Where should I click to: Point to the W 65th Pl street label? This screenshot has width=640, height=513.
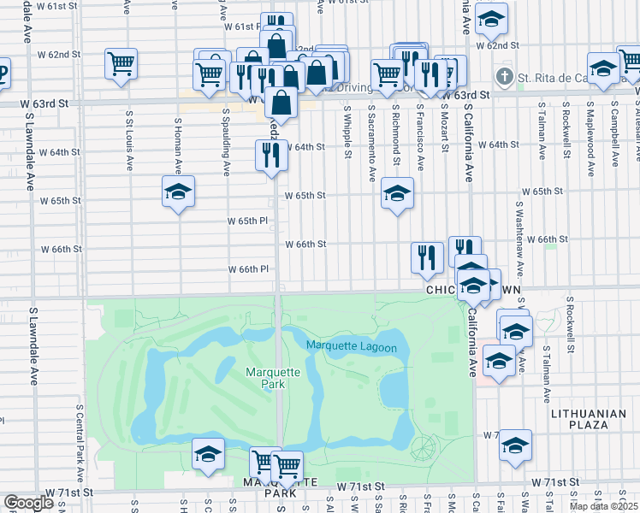(x=247, y=221)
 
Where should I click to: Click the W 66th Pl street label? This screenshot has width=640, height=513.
(x=248, y=269)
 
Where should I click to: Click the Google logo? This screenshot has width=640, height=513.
(x=29, y=502)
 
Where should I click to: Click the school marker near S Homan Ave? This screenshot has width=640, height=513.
(x=178, y=192)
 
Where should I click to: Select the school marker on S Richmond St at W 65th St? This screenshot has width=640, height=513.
(x=397, y=194)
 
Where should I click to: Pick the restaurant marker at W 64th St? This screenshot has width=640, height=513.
(x=271, y=156)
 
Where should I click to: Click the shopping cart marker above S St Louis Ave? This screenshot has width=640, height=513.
(x=121, y=63)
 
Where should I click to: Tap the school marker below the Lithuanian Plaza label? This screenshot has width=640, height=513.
(x=515, y=445)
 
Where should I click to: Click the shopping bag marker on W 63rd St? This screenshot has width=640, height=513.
(x=281, y=103)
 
